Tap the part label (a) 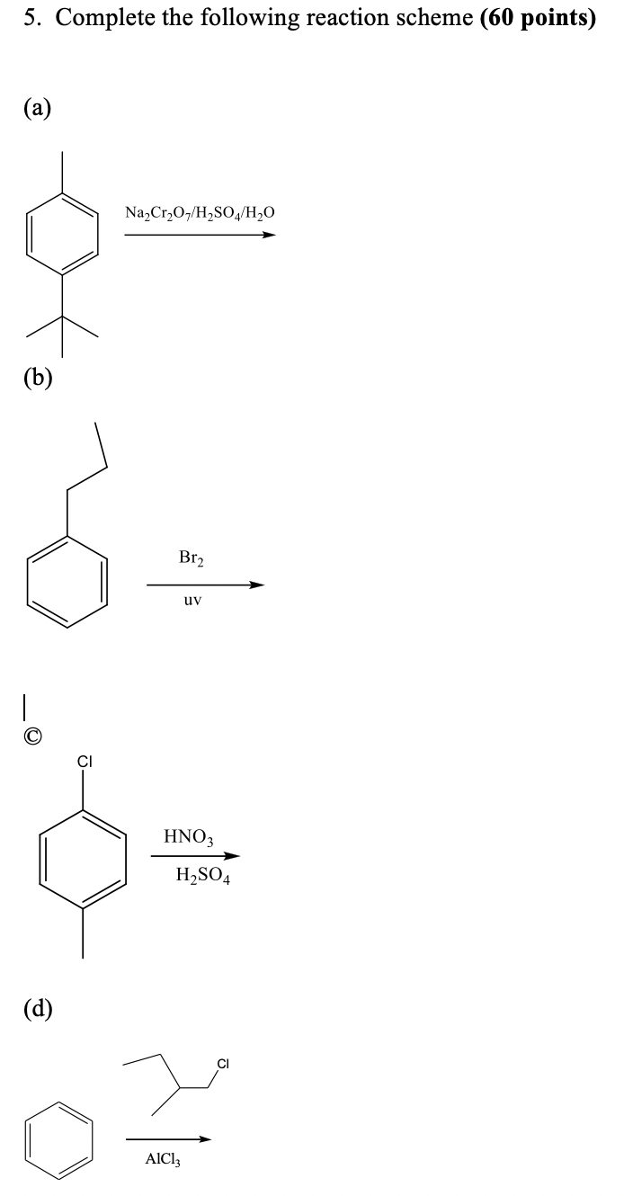pyautogui.click(x=38, y=109)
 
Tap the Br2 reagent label pyautogui.click(x=192, y=558)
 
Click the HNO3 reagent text pyautogui.click(x=188, y=836)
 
